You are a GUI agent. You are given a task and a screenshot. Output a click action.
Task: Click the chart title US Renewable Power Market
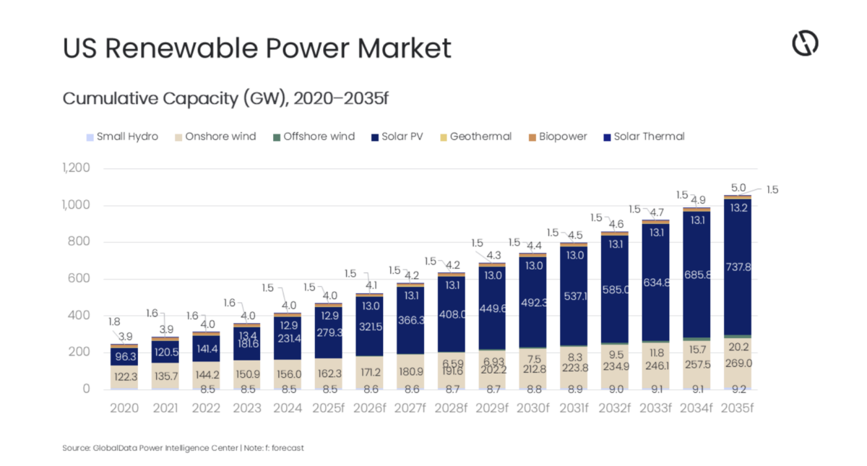(x=256, y=48)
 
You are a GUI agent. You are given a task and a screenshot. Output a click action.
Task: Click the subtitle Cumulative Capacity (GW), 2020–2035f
(x=225, y=98)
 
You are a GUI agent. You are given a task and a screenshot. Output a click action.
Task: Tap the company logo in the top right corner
(x=805, y=43)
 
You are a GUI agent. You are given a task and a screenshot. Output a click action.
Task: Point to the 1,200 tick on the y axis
(x=76, y=168)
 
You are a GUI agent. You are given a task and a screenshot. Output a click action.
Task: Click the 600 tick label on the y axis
(x=80, y=279)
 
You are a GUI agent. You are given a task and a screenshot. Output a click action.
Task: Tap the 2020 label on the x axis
(x=124, y=408)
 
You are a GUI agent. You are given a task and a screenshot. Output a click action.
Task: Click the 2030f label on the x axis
(x=533, y=408)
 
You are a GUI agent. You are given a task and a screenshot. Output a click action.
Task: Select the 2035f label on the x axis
(x=738, y=408)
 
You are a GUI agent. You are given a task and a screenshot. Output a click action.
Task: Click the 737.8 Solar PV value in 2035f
(x=738, y=267)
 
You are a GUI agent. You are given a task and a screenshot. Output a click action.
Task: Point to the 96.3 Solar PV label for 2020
(x=124, y=356)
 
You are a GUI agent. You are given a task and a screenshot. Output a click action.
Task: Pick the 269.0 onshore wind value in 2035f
(x=738, y=363)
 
